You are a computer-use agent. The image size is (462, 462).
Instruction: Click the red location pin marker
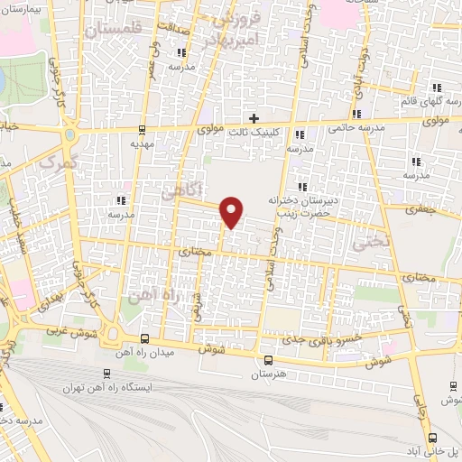click(x=232, y=211)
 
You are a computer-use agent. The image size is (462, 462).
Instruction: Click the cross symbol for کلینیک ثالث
click(x=254, y=118)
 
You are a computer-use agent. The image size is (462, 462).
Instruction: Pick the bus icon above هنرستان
click(x=267, y=359)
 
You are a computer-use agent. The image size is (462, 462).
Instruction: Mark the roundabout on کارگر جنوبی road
click(x=69, y=136)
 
